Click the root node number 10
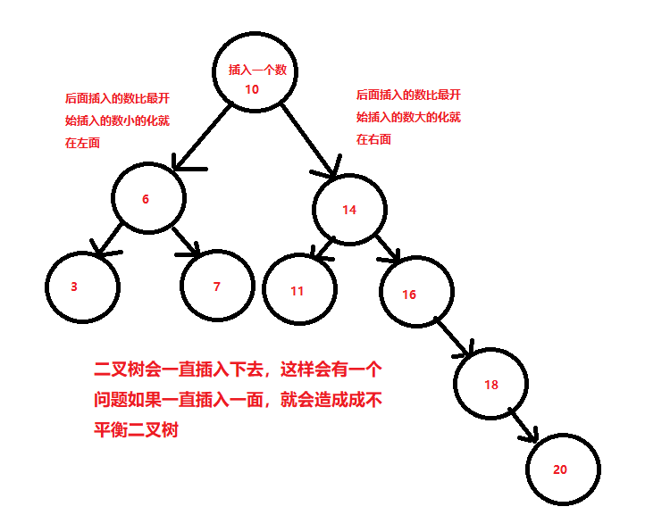pos(251,88)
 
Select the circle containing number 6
pos(148,199)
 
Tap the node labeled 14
pos(349,210)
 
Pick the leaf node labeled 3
pos(81,287)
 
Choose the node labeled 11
pos(299,290)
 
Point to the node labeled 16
pos(415,294)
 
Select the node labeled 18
pos(490,384)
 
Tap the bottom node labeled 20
pos(563,469)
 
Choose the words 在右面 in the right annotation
pos(373,139)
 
